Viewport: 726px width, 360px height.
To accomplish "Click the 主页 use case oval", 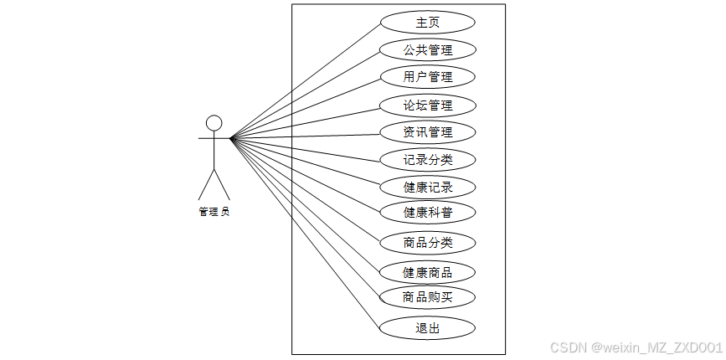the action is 427,23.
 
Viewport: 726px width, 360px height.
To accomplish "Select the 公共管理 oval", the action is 427,50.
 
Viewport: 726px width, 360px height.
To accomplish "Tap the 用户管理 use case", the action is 427,77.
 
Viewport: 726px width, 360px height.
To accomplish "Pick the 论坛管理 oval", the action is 427,105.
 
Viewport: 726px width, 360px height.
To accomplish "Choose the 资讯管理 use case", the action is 427,132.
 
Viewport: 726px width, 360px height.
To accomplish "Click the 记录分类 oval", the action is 427,159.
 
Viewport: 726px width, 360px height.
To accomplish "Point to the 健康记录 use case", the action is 427,187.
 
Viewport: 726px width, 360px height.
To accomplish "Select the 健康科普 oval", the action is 427,212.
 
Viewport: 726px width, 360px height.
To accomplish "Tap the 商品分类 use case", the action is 427,243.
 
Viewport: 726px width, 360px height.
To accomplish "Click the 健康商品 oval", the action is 427,272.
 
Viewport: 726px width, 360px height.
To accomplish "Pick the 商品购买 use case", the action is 427,296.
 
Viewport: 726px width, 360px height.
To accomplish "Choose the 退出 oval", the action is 427,328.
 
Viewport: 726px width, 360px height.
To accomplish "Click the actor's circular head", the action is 214,123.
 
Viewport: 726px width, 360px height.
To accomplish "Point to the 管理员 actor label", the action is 214,212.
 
